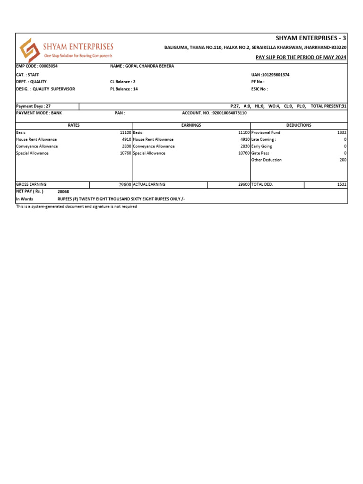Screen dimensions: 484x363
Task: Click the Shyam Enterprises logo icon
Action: pyautogui.click(x=29, y=49)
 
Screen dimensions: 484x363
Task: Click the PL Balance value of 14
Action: pyautogui.click(x=136, y=89)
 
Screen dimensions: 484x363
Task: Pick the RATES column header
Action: pyautogui.click(x=74, y=125)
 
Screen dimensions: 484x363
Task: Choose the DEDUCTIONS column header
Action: pyautogui.click(x=299, y=125)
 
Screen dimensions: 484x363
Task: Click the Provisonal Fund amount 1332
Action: pyautogui.click(x=342, y=133)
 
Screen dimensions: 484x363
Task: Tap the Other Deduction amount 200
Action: pyautogui.click(x=343, y=160)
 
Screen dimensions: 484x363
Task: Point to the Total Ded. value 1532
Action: pyautogui.click(x=342, y=184)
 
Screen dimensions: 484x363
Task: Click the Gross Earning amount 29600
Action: pyautogui.click(x=124, y=185)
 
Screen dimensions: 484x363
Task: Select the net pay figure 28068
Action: pyautogui.click(x=63, y=192)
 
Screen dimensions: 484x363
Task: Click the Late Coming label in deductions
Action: pyautogui.click(x=264, y=139)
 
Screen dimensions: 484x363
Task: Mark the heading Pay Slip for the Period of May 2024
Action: pyautogui.click(x=301, y=57)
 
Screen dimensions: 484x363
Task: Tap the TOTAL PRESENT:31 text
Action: pyautogui.click(x=328, y=106)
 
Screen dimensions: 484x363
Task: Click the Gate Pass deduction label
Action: pyautogui.click(x=260, y=153)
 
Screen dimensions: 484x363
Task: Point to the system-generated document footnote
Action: pyautogui.click(x=77, y=207)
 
